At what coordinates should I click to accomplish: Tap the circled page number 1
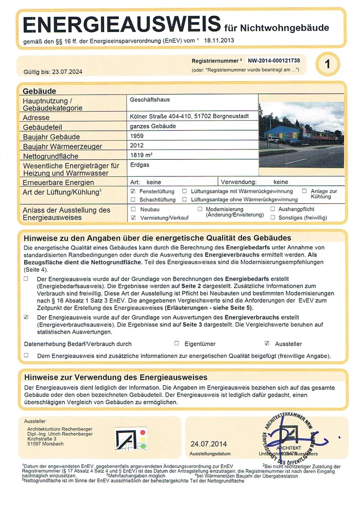(328, 64)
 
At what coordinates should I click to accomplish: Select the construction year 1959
(137, 136)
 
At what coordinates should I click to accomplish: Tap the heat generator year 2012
(137, 146)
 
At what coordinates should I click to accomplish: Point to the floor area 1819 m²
(141, 155)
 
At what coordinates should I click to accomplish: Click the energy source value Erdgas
(139, 164)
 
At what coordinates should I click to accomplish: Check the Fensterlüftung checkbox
(133, 191)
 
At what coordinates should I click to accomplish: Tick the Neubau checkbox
(133, 209)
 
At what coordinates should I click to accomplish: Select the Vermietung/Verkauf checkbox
(133, 218)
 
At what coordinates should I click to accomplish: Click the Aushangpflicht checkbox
(273, 209)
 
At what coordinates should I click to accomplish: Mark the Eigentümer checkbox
(176, 343)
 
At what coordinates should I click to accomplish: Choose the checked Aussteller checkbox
(267, 343)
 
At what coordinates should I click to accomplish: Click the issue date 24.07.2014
(209, 443)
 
